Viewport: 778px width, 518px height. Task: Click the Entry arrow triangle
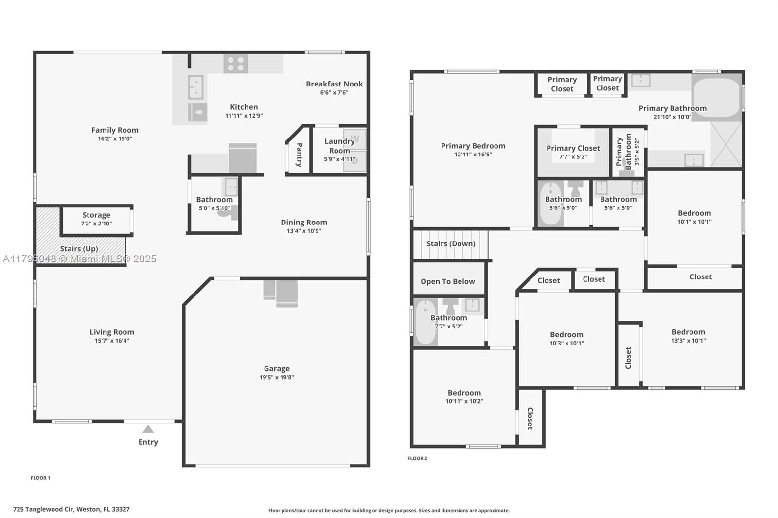[x=148, y=429]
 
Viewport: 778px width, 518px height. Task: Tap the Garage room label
[x=277, y=368]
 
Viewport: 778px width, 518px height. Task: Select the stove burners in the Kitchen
[x=235, y=64]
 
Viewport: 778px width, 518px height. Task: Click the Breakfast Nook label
[x=334, y=84]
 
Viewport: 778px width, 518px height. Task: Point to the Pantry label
[x=299, y=155]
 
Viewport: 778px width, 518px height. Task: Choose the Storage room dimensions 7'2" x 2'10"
[x=96, y=224]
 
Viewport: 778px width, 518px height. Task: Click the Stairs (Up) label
[x=79, y=249]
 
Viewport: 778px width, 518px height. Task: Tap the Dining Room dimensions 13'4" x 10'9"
[x=304, y=231]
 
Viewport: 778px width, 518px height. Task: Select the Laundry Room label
[x=339, y=146]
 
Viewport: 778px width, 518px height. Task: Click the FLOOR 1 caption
[x=40, y=478]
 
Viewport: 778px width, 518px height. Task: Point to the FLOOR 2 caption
[x=418, y=458]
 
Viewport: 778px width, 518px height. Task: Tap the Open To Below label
[x=448, y=281]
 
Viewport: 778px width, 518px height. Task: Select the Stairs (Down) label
[x=451, y=244]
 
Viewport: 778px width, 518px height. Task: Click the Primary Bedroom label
[x=473, y=146]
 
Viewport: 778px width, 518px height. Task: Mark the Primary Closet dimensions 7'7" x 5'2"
[x=573, y=157]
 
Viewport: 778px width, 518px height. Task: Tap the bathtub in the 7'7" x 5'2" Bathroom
[x=425, y=322]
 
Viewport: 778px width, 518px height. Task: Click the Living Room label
[x=112, y=332]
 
